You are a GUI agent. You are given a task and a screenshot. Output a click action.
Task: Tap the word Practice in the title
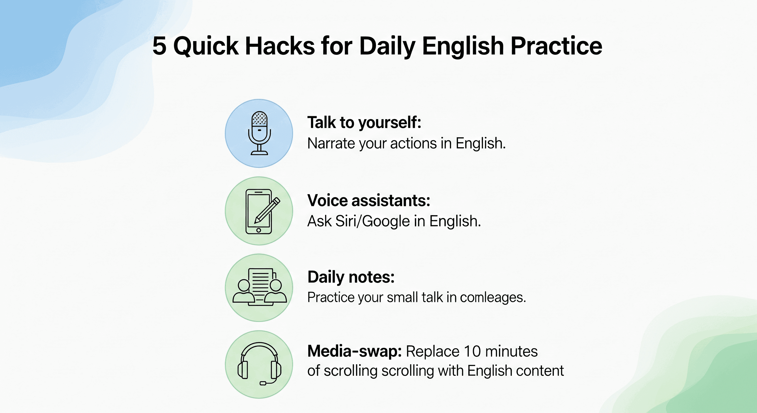[x=556, y=46]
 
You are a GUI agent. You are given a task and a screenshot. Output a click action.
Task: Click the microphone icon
[x=259, y=133]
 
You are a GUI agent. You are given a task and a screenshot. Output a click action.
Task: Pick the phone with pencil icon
[x=259, y=211]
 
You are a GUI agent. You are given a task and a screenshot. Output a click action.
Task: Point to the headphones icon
[x=259, y=365]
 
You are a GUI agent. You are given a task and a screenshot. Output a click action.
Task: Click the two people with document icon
[x=259, y=287]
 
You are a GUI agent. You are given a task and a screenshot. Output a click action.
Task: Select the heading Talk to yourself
[x=364, y=123]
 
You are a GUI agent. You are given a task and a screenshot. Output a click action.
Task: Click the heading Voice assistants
[x=369, y=201]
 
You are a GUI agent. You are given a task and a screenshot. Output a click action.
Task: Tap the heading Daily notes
[x=351, y=277]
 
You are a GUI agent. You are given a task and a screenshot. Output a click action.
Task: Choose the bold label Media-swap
[x=354, y=351]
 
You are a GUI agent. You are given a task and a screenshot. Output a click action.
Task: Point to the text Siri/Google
[x=373, y=221]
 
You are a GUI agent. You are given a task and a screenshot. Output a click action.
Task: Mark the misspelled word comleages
[x=492, y=297]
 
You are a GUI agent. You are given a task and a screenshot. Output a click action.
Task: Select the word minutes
[x=511, y=351]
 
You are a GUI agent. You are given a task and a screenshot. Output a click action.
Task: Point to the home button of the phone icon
[x=259, y=230]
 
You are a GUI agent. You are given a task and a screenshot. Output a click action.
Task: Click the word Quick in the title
[x=206, y=46]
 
